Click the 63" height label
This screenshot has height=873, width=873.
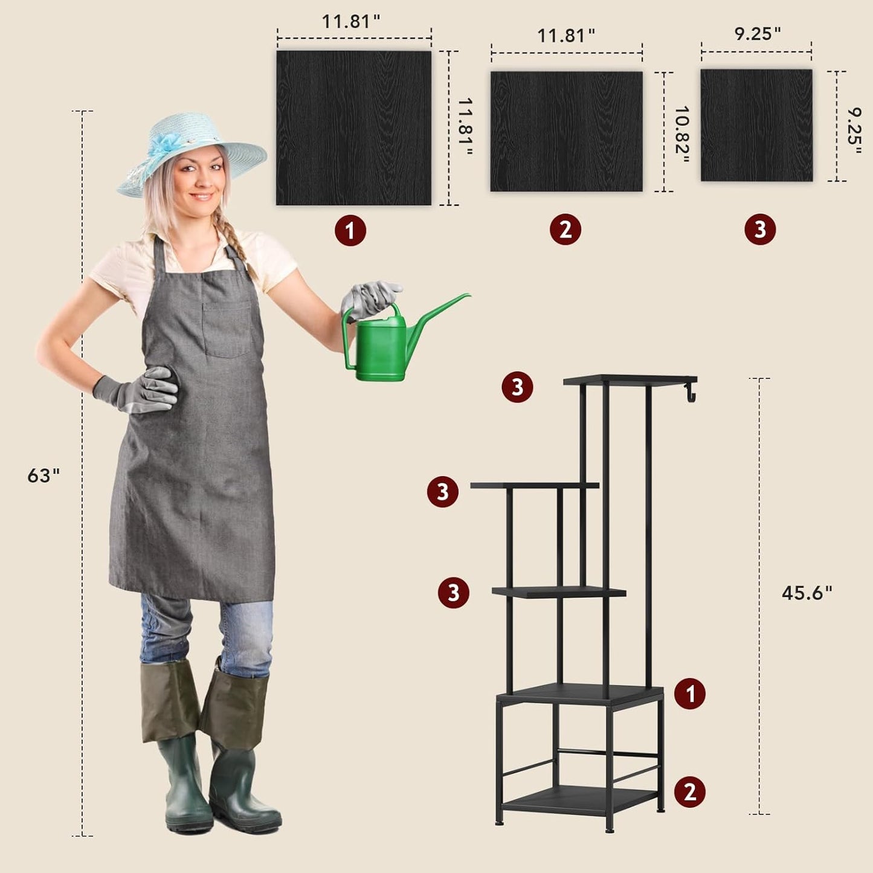pos(43,475)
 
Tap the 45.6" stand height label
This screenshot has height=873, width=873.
pos(807,593)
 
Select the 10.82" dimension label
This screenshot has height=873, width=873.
pos(682,135)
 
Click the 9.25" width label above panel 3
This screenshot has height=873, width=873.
pos(758,33)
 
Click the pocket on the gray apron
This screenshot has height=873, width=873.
pos(227,329)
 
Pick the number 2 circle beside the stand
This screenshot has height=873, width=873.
pos(689,792)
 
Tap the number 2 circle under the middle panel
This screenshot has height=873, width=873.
pos(565,230)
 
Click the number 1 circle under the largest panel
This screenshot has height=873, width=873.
pos(350,231)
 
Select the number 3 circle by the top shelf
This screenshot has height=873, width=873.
pos(517,387)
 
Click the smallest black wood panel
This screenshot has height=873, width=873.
pos(756,125)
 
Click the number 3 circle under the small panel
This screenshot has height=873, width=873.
pos(760,229)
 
